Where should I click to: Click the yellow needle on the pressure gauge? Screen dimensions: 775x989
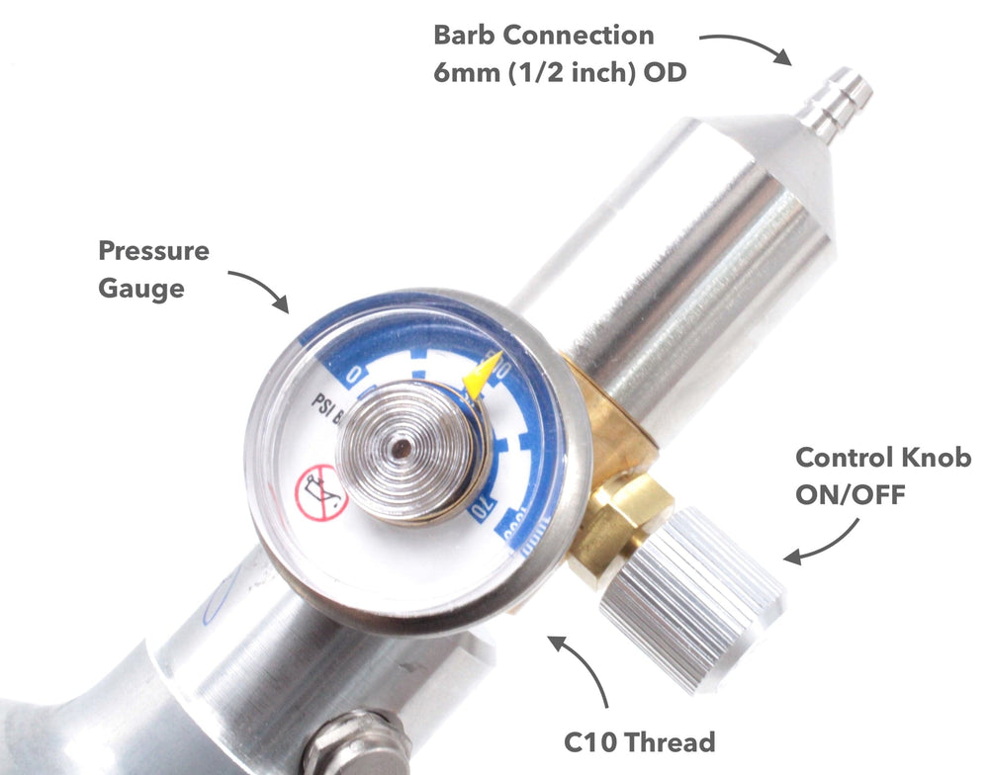482,377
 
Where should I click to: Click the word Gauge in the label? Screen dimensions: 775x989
140,289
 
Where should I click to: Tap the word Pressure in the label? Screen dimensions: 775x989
153,251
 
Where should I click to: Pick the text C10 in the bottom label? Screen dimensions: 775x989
596,740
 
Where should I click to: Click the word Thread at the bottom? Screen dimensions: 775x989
673,740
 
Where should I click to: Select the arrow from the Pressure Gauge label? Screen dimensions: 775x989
258,287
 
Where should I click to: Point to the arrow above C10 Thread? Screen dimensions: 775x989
584,673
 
